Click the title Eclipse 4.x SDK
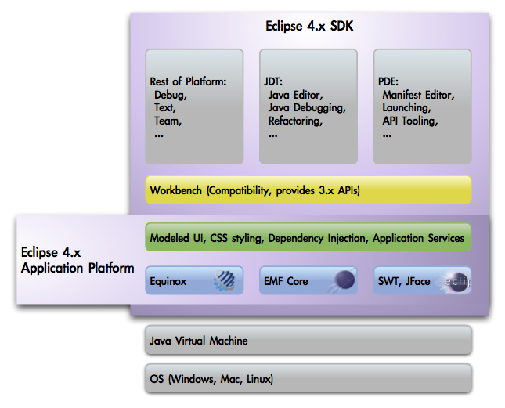point(309,27)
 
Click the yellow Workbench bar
point(308,190)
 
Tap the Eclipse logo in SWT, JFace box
point(456,281)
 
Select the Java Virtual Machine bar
point(308,341)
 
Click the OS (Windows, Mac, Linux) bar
point(308,380)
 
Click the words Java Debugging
point(307,108)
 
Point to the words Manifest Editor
point(418,95)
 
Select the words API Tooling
point(409,121)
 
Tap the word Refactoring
point(294,121)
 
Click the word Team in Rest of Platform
point(168,121)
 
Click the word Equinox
point(168,281)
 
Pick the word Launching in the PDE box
point(406,108)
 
